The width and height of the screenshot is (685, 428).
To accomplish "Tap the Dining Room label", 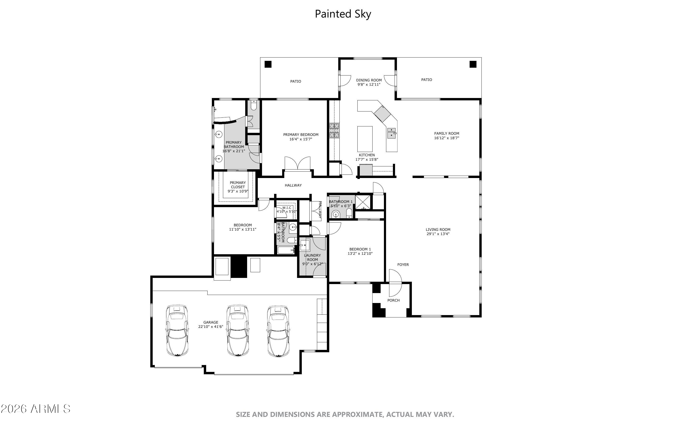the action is (x=369, y=80).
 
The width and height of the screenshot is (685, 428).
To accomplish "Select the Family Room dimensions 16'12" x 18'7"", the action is (x=446, y=138).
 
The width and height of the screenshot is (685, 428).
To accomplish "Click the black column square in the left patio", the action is (x=268, y=64).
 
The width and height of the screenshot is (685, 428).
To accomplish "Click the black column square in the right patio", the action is (x=473, y=64).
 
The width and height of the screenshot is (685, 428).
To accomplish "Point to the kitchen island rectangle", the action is (x=365, y=139).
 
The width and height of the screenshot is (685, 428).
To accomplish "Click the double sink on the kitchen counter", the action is (x=391, y=133).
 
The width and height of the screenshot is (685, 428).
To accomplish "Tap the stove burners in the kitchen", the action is (x=334, y=130).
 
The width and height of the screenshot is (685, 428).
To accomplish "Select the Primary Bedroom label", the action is (x=301, y=135).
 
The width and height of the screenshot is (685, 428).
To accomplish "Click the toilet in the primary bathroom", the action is (x=254, y=105).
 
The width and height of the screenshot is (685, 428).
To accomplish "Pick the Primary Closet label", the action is (x=238, y=185).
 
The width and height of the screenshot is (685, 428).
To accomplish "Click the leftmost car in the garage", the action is (x=177, y=330).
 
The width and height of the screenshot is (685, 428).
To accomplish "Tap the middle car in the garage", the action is (x=238, y=330).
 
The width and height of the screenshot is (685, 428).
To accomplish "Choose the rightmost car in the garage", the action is (x=278, y=330).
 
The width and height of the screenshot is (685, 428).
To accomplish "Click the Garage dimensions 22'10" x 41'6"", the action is (x=211, y=327).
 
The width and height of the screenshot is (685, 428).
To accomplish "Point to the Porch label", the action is (x=393, y=300).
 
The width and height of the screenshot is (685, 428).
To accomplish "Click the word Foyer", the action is (x=403, y=265).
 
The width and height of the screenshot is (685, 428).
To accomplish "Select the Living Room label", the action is (x=438, y=230).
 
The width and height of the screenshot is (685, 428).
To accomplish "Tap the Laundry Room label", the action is (x=312, y=258).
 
